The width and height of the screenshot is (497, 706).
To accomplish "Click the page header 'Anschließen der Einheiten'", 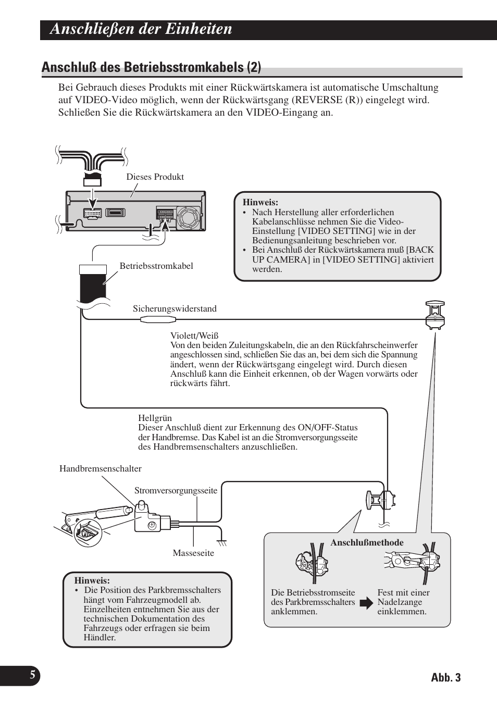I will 141,29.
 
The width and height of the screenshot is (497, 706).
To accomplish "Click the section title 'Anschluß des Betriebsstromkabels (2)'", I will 151,68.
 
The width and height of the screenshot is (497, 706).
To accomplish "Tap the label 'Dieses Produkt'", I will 155,177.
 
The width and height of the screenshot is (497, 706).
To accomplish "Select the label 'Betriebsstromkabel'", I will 156,266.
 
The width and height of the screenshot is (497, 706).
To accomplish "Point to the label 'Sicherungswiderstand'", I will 175,309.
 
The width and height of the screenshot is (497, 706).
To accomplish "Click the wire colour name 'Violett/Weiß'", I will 194,336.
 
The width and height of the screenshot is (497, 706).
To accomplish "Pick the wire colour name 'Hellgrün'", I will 155,418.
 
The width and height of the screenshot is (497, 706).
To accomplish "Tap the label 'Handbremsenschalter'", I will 101,469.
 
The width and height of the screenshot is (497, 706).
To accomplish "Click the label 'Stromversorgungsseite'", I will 176,491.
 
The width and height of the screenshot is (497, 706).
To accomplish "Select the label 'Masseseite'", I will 193,553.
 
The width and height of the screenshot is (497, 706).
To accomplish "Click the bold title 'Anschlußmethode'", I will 367,543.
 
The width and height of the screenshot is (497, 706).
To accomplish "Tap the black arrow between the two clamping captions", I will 367,603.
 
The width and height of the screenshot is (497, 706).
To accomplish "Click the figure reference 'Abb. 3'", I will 446,677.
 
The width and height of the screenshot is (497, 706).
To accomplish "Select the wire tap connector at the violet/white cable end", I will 434,315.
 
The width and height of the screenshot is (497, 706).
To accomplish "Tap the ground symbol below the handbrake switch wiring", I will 222,542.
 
